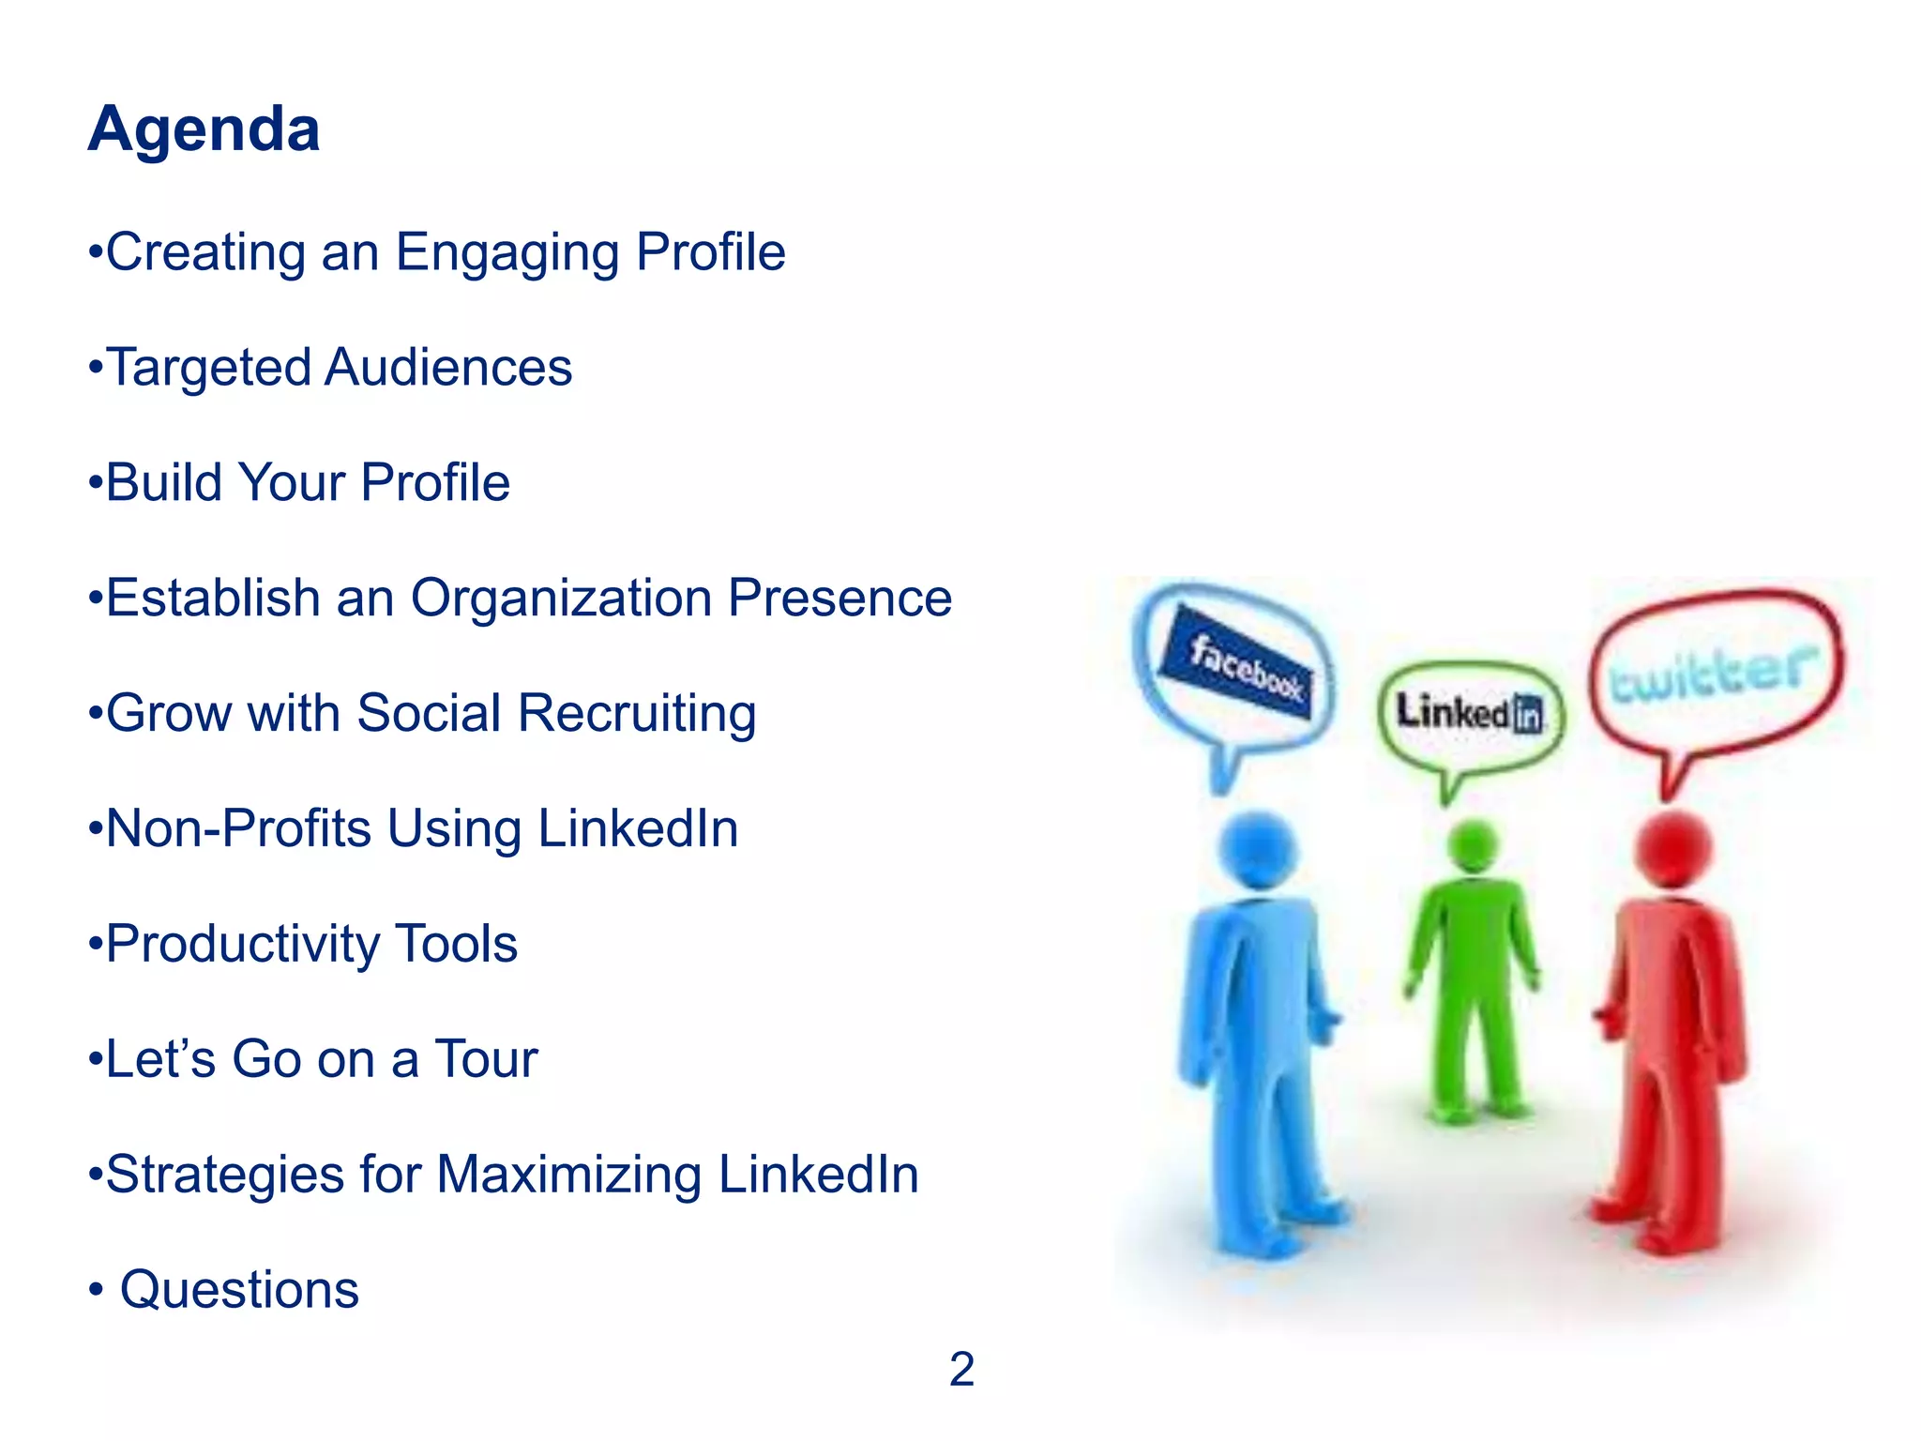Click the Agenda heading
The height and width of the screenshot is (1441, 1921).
(x=204, y=129)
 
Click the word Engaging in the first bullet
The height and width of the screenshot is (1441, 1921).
(x=507, y=253)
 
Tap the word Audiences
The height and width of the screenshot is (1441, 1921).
(x=447, y=367)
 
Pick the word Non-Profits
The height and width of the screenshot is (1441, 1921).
(x=238, y=828)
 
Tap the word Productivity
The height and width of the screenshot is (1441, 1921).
(x=241, y=944)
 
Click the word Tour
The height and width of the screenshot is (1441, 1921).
(x=485, y=1059)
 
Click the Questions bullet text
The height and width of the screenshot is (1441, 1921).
(x=239, y=1290)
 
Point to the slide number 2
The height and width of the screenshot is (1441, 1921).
(x=961, y=1370)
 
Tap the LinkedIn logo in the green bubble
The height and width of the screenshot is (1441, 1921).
(x=1469, y=713)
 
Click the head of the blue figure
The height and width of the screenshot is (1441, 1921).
(x=1257, y=850)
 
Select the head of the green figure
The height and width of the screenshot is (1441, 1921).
(x=1473, y=844)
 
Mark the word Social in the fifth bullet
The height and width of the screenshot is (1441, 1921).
(x=429, y=713)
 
